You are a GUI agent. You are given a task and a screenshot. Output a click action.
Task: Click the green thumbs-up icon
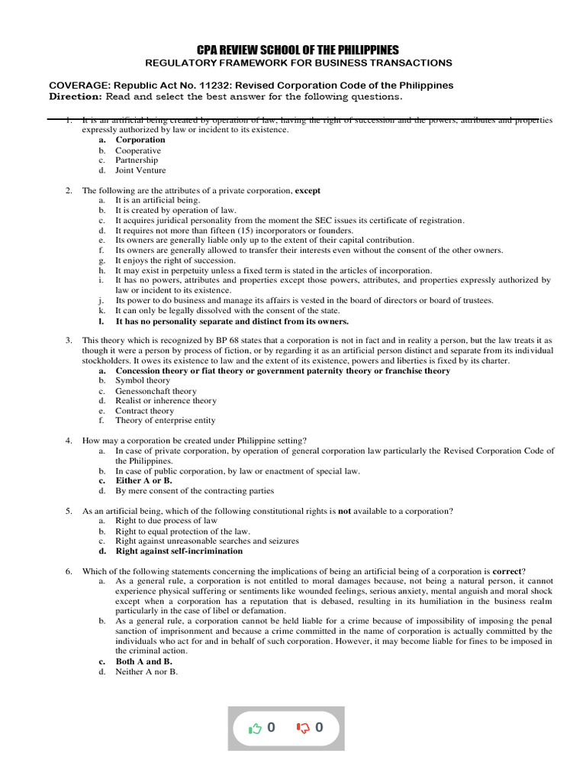(x=255, y=728)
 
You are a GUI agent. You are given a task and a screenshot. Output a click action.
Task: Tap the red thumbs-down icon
(x=302, y=728)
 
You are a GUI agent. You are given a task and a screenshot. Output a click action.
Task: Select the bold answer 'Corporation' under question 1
(x=140, y=140)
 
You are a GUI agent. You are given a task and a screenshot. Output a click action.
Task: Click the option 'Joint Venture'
(x=140, y=170)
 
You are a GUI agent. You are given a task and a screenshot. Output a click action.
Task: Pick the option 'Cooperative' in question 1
(x=138, y=150)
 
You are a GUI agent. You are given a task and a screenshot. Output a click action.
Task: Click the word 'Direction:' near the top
(x=76, y=97)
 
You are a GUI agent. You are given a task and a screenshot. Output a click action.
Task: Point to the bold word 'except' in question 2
(x=307, y=190)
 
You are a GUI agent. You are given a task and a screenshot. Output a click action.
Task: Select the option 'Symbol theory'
(x=143, y=380)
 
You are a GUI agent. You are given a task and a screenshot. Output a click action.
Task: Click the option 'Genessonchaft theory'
(x=156, y=391)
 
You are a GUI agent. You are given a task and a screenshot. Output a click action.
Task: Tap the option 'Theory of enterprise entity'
(x=165, y=420)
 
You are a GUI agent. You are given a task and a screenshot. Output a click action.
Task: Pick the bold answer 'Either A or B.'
(x=143, y=481)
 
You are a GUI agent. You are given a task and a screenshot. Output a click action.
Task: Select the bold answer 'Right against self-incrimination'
(x=179, y=551)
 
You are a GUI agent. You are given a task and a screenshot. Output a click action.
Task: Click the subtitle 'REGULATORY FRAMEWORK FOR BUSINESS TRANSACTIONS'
(x=298, y=63)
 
